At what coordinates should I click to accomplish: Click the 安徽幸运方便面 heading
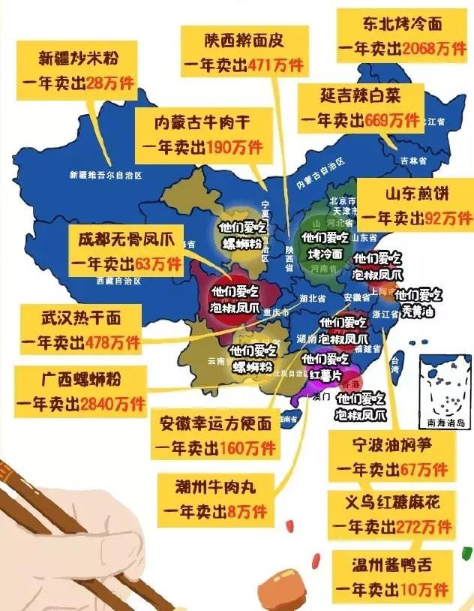214,425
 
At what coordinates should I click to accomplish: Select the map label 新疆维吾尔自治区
106,175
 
